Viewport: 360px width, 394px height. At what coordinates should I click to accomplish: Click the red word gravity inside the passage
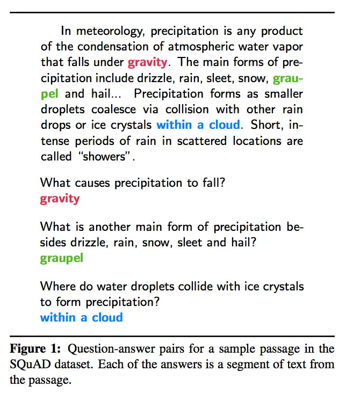pyautogui.click(x=148, y=62)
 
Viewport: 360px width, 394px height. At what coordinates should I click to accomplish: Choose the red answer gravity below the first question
pyautogui.click(x=60, y=199)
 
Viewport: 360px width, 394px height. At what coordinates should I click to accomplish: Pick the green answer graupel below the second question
pyautogui.click(x=62, y=258)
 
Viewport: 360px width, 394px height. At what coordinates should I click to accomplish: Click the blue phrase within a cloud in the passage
pyautogui.click(x=198, y=125)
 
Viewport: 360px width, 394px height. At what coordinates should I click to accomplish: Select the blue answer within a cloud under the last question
pyautogui.click(x=81, y=317)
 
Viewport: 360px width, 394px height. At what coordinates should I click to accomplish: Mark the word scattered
pyautogui.click(x=204, y=141)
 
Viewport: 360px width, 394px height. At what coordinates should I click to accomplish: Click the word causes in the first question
pyautogui.click(x=93, y=183)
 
